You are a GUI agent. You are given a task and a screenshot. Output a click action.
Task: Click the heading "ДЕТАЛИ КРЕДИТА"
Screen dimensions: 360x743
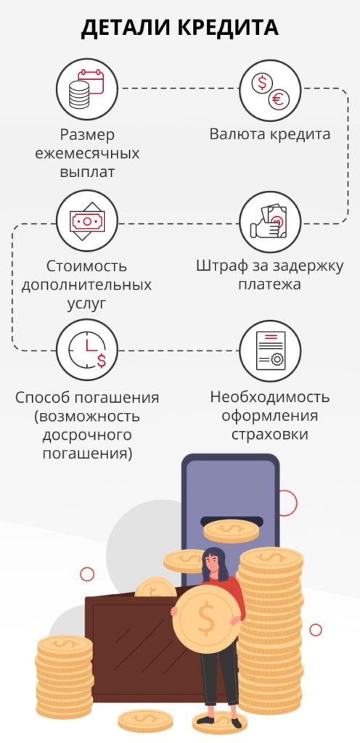pos(179,28)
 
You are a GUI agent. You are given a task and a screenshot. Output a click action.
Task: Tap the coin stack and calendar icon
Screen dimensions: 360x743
pos(87,89)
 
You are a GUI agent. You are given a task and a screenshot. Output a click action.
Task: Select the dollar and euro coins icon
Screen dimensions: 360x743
pos(270,89)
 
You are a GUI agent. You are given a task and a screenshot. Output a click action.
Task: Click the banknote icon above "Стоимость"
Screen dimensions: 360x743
pos(87,221)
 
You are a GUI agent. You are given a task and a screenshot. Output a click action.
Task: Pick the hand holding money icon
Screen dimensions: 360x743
pos(270,221)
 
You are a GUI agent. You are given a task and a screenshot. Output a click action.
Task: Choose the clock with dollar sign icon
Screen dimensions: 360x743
pos(87,350)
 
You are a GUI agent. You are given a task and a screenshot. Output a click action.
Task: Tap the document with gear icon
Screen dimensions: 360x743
pos(270,350)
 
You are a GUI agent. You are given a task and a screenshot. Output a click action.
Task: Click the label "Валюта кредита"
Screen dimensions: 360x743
pos(270,134)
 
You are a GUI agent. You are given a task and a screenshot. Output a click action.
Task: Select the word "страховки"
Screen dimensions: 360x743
pos(270,435)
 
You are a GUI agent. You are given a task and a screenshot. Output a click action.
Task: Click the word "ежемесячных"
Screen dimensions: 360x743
pos(88,154)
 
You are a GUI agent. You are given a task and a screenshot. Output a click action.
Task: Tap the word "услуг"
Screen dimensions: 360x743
pos(87,304)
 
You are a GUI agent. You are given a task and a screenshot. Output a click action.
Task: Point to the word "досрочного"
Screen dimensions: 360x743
pos(87,435)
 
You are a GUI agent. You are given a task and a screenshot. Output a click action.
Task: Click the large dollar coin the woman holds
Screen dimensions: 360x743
pos(206,620)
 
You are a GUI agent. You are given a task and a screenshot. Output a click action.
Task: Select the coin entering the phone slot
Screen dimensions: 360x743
pos(231,530)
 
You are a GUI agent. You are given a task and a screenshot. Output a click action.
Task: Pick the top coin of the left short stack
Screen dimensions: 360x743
pos(65,645)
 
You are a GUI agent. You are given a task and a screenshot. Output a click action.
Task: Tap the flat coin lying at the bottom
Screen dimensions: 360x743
pos(145,721)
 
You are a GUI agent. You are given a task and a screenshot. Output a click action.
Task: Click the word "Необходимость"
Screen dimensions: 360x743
pos(270,397)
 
